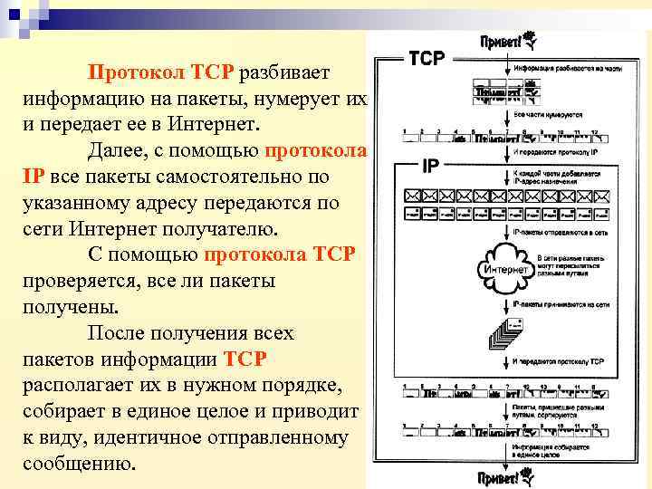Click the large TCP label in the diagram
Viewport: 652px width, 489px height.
427,59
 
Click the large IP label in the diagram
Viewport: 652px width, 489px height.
432,167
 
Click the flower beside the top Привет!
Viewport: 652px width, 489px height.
532,40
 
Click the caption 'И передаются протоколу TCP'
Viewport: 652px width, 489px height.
558,362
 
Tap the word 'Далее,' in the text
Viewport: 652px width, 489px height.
116,149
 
